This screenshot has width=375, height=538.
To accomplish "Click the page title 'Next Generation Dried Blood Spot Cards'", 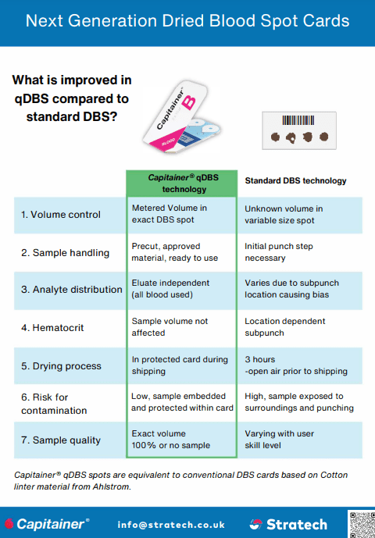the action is (x=187, y=21).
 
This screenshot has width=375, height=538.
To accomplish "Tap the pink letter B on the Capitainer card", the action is (x=189, y=102).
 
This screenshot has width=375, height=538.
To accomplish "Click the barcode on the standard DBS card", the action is (x=298, y=120).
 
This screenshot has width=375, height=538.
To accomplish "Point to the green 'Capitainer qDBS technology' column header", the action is (x=182, y=183).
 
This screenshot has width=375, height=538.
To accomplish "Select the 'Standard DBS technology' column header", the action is (x=295, y=181).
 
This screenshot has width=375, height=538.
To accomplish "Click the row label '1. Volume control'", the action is (x=61, y=215).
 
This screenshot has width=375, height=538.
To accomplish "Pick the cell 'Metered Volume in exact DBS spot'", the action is (x=170, y=214).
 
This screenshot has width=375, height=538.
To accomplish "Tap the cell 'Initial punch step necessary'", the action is (x=279, y=252).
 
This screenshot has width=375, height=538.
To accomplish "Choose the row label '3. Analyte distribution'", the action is (x=71, y=290).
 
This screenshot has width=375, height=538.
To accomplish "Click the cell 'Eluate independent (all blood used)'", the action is (x=170, y=289).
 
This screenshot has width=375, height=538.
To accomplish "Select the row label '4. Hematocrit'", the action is (x=52, y=328).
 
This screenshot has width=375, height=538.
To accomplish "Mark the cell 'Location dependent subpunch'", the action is (x=285, y=327).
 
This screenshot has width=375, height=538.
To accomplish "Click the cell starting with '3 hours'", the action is (x=296, y=365).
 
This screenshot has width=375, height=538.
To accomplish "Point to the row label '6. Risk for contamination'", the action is (x=54, y=404).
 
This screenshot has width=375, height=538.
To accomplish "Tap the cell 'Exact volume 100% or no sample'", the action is (x=171, y=440).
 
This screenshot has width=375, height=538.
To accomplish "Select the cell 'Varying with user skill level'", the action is (x=279, y=440).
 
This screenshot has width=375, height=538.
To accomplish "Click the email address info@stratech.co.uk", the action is (x=171, y=525).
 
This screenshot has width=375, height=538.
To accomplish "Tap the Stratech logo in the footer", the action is (x=288, y=524).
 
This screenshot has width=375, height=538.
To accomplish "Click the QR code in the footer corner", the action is (x=361, y=524).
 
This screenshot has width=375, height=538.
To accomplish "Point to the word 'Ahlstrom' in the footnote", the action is (x=112, y=486).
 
